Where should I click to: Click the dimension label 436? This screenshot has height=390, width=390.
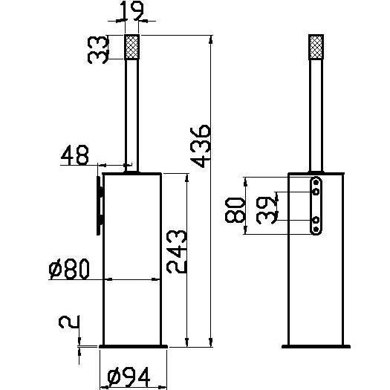coord(201,146)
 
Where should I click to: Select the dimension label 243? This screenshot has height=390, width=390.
coord(177,252)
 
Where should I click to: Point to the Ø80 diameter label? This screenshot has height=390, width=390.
coord(69,269)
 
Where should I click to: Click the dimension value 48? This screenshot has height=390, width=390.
coord(74,155)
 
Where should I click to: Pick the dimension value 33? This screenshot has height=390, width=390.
coord(98,50)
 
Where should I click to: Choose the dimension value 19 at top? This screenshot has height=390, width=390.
coord(131,10)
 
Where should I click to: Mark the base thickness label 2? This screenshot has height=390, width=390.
coord(69,322)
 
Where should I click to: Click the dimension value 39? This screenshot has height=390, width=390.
coord(267,210)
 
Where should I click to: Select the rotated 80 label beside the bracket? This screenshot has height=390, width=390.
coord(235,210)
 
